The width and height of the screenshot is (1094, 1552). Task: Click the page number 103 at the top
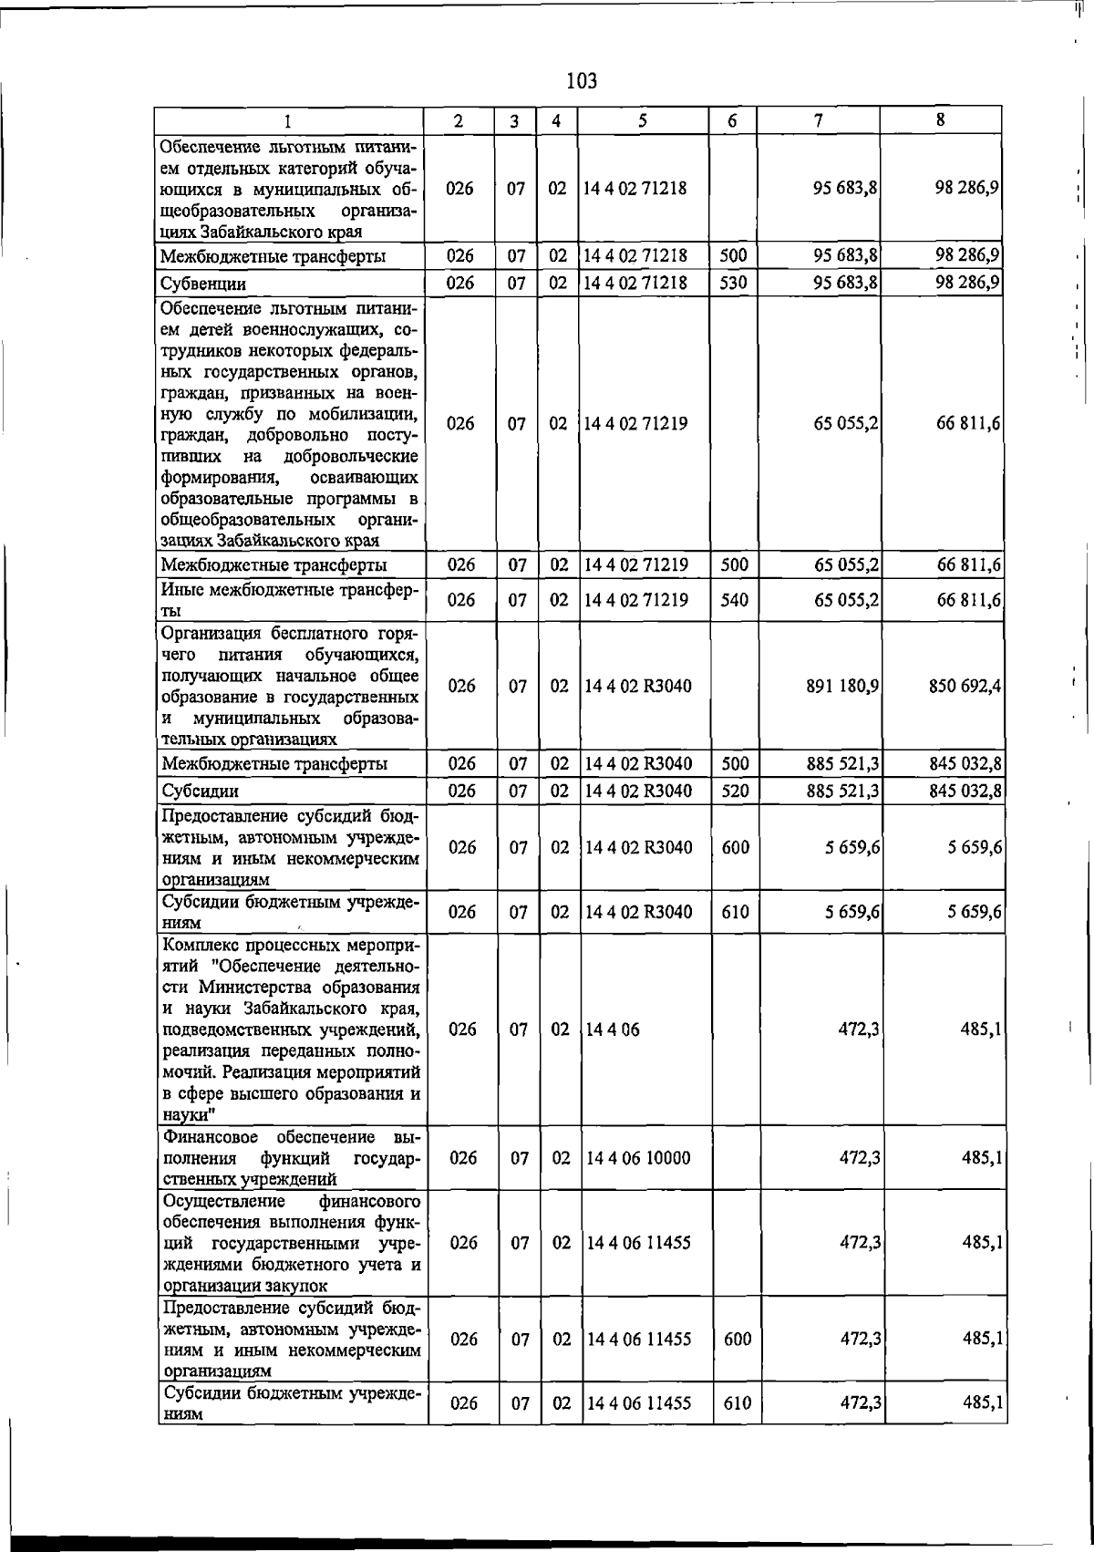[x=581, y=81]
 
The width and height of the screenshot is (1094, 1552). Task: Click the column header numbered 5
[x=644, y=120]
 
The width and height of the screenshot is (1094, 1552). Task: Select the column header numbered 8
[x=940, y=119]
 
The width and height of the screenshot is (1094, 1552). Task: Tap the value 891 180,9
[x=842, y=686]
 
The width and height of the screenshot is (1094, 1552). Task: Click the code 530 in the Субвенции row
[x=733, y=284]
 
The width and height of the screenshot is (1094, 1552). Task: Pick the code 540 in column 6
[x=734, y=600]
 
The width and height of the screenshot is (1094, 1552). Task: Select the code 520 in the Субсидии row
[x=734, y=791]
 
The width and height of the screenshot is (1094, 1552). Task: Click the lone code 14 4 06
[x=613, y=1029]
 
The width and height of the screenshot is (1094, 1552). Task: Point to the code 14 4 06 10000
[x=638, y=1158]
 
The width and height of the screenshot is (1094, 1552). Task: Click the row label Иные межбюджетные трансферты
[x=289, y=599]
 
